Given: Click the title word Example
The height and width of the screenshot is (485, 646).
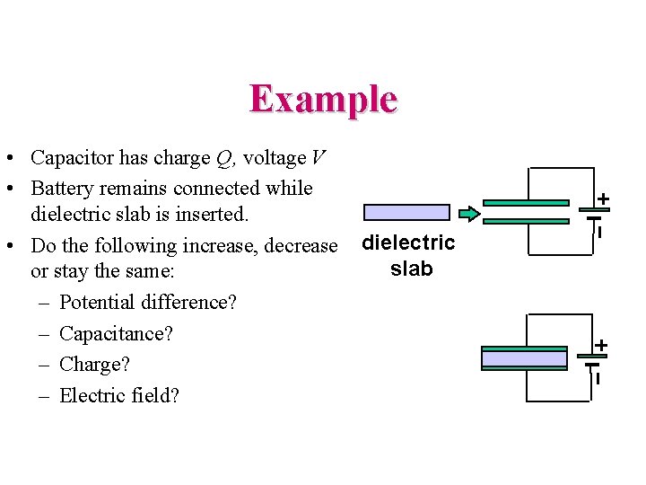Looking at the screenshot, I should tap(323, 99).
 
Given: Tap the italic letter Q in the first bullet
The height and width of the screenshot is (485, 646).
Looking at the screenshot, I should tap(224, 159).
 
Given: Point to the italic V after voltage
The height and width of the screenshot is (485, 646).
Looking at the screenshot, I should tap(319, 159).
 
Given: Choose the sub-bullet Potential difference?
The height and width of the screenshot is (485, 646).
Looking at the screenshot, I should tap(148, 303).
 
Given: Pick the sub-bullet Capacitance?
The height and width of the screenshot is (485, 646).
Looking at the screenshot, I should tap(116, 334).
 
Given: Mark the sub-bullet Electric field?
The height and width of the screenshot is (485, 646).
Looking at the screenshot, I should tap(119, 395).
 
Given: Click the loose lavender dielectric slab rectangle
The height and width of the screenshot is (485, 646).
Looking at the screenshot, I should tap(406, 213).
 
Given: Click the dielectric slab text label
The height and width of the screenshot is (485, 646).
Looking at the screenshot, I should tap(409, 255).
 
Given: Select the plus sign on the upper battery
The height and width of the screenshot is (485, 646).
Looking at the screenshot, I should tap(604, 198).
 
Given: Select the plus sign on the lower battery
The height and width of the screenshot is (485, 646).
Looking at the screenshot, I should tap(601, 345).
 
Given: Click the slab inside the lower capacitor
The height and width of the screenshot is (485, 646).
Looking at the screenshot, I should tap(525, 358).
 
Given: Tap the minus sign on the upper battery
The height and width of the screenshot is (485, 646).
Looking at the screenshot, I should tap(598, 232).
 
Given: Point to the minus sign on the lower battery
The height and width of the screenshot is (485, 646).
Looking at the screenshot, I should tap(597, 378).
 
